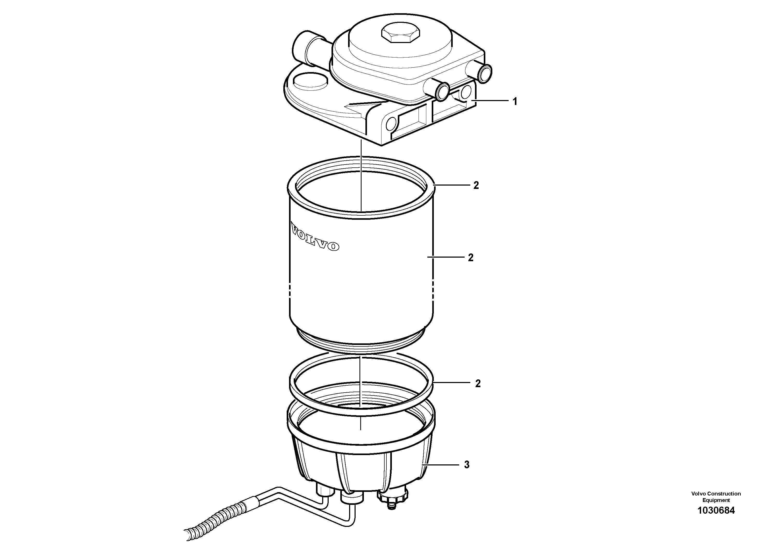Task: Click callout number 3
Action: pyautogui.click(x=467, y=465)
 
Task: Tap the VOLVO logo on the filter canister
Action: pyautogui.click(x=314, y=236)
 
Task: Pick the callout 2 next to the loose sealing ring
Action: pyautogui.click(x=478, y=384)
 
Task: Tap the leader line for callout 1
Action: pyautogui.click(x=492, y=101)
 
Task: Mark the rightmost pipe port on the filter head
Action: pyautogui.click(x=484, y=72)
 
